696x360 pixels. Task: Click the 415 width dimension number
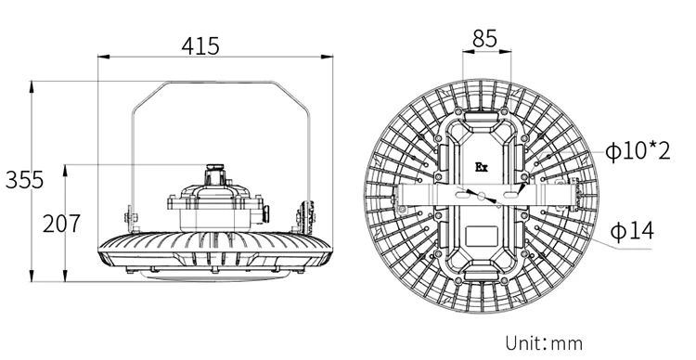coord(200,45)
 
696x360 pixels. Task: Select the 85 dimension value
coord(484,39)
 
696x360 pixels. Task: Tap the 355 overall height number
coord(24,180)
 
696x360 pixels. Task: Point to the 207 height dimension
coord(61,224)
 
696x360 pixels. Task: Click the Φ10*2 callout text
coord(638,151)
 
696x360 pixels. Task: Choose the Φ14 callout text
coord(632,231)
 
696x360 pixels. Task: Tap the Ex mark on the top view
coord(482,167)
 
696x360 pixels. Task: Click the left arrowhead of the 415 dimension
coord(103,57)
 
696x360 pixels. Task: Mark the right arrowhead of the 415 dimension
coord(328,57)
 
